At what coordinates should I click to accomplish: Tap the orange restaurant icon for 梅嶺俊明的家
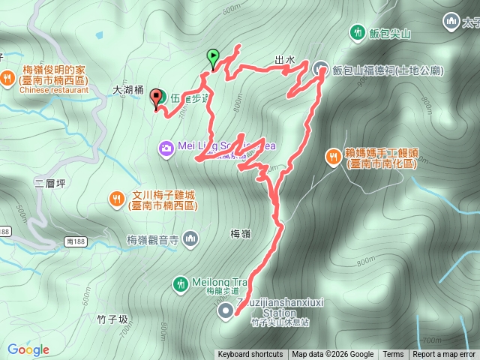tap(7, 76)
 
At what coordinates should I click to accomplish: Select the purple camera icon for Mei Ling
tap(166, 146)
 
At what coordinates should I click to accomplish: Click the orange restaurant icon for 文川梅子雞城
tap(115, 199)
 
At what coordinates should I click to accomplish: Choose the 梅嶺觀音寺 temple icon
tap(191, 239)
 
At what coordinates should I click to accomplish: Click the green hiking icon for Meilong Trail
tap(180, 283)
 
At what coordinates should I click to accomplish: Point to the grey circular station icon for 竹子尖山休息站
tap(225, 310)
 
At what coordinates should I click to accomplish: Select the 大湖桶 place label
tap(127, 88)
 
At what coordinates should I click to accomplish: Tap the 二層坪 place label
tap(50, 183)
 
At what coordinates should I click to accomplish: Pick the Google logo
tap(28, 349)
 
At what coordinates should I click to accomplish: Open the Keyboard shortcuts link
tap(250, 355)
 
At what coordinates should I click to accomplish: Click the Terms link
tap(393, 355)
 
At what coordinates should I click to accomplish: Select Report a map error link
tap(444, 355)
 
